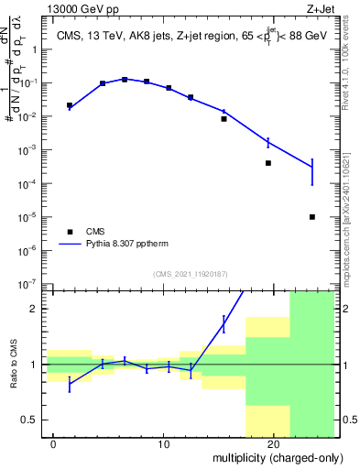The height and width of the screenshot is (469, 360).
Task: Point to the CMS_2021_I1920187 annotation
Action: [x=190, y=274]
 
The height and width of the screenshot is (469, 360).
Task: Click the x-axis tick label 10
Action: [x=163, y=444]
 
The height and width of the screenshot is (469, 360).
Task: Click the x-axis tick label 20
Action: [x=273, y=444]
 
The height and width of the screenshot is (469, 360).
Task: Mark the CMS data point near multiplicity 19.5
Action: [x=268, y=163]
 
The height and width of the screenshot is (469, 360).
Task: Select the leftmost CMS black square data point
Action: [x=70, y=105]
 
